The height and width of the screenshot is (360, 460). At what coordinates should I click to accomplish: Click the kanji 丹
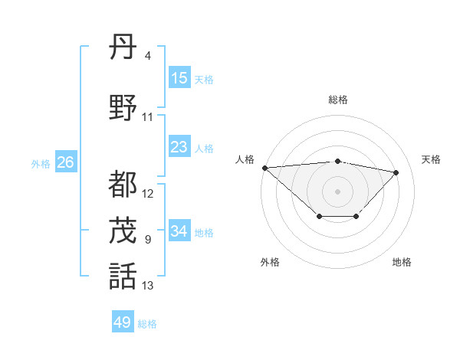pyautogui.click(x=123, y=50)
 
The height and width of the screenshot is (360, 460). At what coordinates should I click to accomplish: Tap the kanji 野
pyautogui.click(x=123, y=108)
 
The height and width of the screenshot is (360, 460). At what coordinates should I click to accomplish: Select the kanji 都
pyautogui.click(x=123, y=185)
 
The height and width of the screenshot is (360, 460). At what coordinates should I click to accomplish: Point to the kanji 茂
pyautogui.click(x=123, y=230)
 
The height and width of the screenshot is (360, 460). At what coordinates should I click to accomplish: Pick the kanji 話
pyautogui.click(x=123, y=276)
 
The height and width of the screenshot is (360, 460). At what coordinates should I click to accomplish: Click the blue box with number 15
pyautogui.click(x=179, y=78)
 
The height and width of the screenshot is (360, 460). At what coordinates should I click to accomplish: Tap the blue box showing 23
pyautogui.click(x=179, y=147)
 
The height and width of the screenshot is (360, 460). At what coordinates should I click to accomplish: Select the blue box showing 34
pyautogui.click(x=179, y=231)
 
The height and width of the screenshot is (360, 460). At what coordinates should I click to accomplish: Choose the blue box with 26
pyautogui.click(x=65, y=162)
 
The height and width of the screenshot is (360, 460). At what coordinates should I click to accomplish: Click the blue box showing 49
pyautogui.click(x=123, y=322)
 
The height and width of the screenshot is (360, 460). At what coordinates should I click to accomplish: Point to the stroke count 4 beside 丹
pyautogui.click(x=147, y=56)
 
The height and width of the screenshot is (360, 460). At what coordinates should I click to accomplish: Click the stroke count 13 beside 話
pyautogui.click(x=148, y=286)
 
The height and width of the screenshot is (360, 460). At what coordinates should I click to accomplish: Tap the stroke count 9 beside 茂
pyautogui.click(x=147, y=240)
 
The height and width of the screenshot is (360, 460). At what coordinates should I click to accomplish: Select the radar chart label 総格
pyautogui.click(x=337, y=100)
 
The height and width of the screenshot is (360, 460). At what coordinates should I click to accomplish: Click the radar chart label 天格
pyautogui.click(x=431, y=159)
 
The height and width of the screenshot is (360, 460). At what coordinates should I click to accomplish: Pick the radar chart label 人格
pyautogui.click(x=245, y=159)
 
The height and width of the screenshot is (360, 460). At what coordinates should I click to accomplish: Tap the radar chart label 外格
pyautogui.click(x=269, y=262)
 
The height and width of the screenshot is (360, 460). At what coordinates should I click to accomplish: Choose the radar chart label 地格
pyautogui.click(x=402, y=262)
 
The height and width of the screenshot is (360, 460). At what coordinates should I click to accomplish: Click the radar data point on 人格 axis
pyautogui.click(x=264, y=168)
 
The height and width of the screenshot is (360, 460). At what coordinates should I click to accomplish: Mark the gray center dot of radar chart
pyautogui.click(x=337, y=191)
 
